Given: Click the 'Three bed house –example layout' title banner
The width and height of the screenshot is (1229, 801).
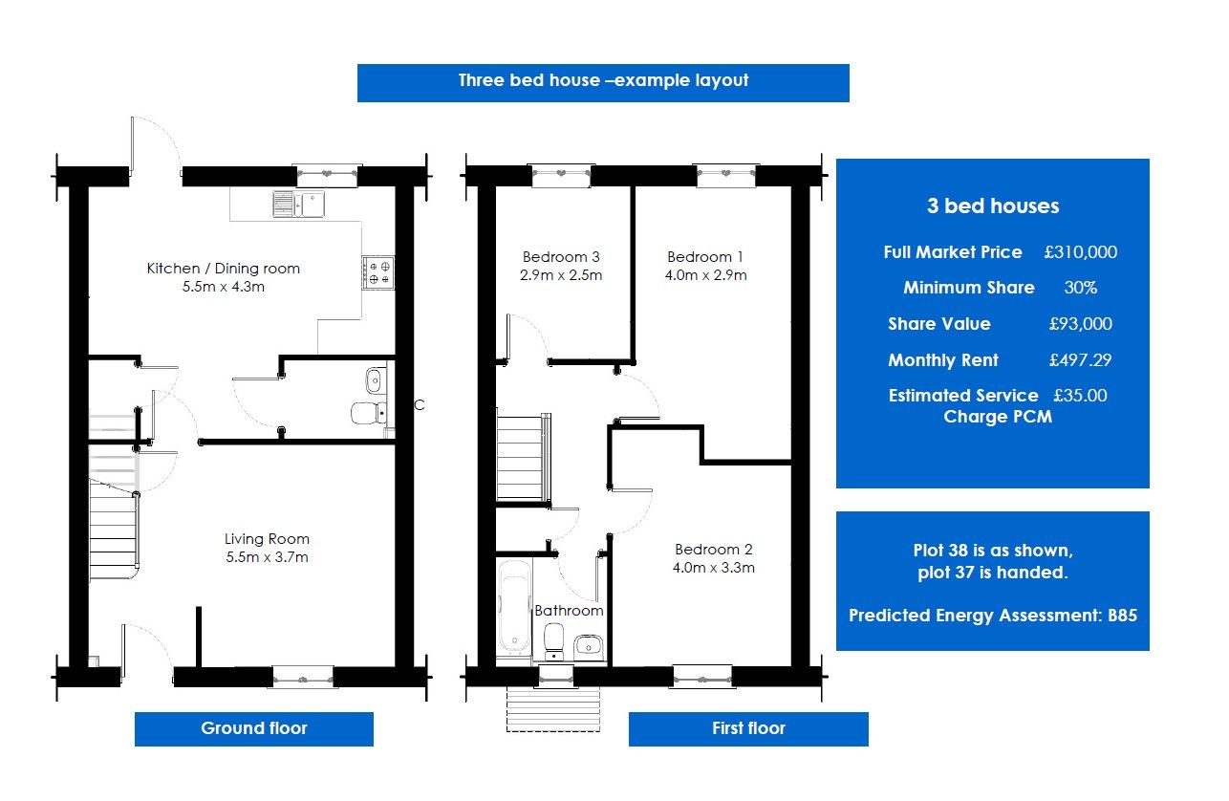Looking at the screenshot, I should pos(603,81).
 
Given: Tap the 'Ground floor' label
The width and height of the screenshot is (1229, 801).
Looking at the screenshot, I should pos(253,728).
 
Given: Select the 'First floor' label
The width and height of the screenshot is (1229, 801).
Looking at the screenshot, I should pos(748,728).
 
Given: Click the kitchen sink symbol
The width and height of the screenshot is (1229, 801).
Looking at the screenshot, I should pos(297,204).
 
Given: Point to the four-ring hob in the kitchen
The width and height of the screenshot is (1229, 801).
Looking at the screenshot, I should pos(377,272).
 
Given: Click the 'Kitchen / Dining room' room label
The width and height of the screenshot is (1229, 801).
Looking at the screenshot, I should pos(223,269).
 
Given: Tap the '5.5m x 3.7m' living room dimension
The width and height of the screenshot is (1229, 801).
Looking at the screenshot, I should pos(267,557).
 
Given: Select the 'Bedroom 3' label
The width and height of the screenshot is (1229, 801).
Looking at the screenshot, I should pos(561,257).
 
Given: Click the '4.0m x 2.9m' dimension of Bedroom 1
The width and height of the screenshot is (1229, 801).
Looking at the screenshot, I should pos(706,275).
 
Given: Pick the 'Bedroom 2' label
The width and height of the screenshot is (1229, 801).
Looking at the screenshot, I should pos(713,550).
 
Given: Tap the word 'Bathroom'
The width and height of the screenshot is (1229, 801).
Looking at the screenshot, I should pos(569,611).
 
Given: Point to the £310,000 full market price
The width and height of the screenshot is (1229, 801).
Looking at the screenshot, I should pos(1080,252).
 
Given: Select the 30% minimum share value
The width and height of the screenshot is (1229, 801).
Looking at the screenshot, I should pos(1080,288).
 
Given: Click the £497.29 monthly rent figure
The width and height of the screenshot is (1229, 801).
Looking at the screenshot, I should pos(1080,360).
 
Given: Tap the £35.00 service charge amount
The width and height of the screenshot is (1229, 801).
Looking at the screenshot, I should pos(1080,395).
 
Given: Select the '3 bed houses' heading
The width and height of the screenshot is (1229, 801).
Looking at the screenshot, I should pos(992,206).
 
